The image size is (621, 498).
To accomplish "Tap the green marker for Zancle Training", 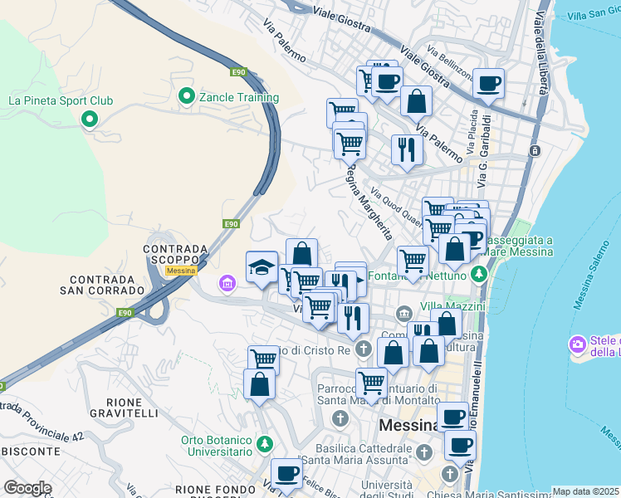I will point(186,96).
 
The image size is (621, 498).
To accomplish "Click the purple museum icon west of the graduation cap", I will point(227,284).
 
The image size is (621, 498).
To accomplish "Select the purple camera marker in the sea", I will point(577,344).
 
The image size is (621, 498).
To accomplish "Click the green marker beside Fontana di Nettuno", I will point(477,273).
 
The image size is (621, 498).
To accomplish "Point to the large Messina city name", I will point(408,425).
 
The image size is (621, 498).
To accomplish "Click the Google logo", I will point(27,488).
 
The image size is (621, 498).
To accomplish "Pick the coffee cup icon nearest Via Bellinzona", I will point(489,83).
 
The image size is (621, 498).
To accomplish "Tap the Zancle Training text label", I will point(238,97).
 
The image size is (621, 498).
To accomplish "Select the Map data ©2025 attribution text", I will point(586,491).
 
